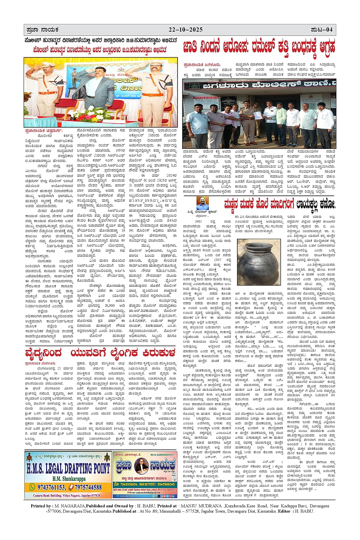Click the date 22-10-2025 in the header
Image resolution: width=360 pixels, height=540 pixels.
(x=186, y=30)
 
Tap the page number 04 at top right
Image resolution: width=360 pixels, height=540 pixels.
(x=329, y=30)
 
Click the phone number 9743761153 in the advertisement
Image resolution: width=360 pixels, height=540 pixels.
(x=52, y=487)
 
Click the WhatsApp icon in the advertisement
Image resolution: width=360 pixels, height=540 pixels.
(x=33, y=487)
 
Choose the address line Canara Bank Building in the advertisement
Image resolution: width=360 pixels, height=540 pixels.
(x=66, y=495)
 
